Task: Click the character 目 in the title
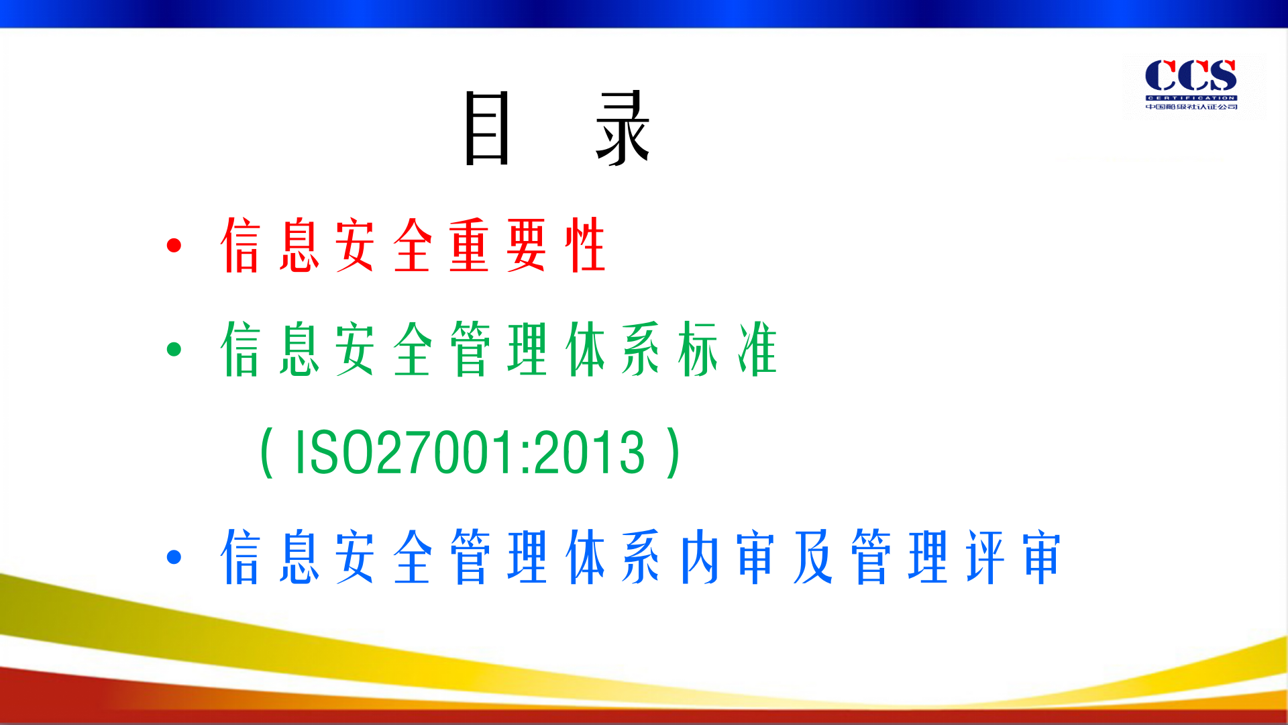[487, 128]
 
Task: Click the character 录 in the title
[623, 128]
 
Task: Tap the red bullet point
[174, 246]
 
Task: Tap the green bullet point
[174, 349]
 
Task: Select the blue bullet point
[174, 557]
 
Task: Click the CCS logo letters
[1191, 75]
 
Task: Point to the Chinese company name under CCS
[1191, 107]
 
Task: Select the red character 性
[585, 246]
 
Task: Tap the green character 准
[757, 349]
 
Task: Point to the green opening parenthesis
[266, 453]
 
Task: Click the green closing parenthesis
[674, 453]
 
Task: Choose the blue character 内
[699, 557]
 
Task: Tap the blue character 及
[813, 557]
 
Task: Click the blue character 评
[985, 557]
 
